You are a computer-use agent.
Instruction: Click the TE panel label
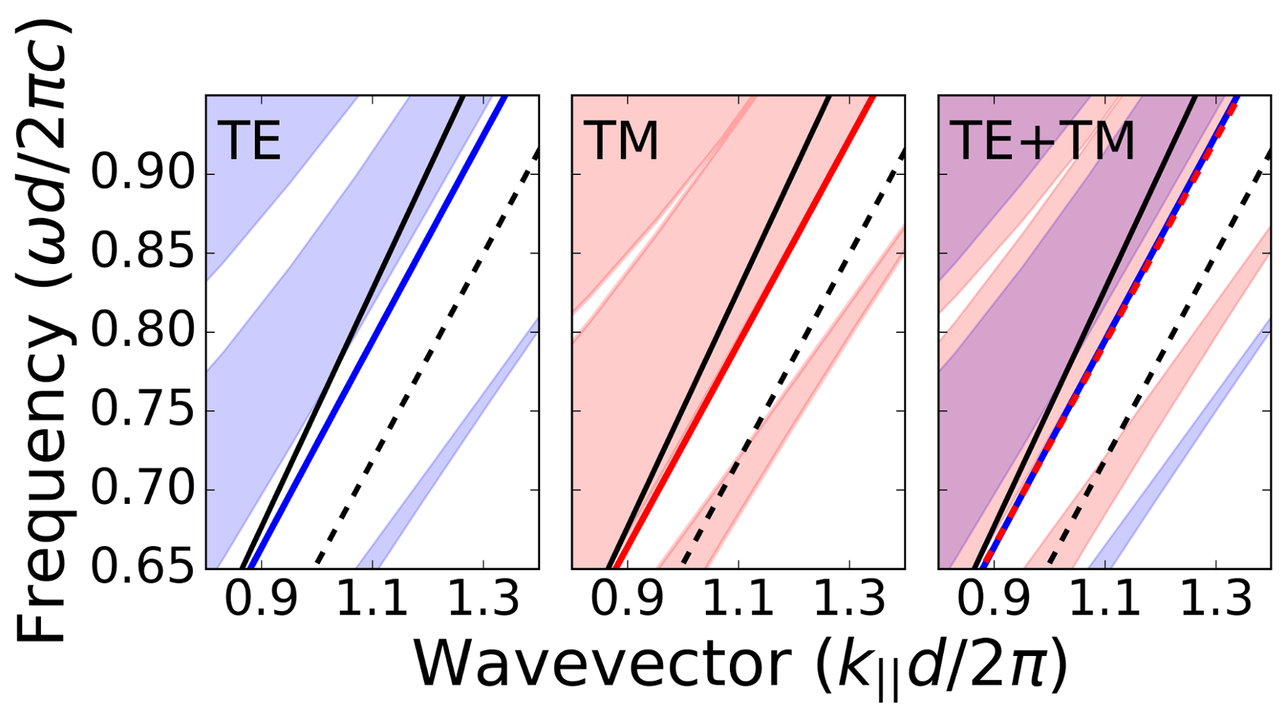point(249,141)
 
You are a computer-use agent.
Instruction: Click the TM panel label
point(621,141)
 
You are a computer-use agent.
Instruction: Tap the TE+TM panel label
point(1042,141)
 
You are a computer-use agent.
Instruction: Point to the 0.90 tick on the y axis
point(142,174)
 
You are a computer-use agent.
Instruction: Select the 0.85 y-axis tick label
point(142,253)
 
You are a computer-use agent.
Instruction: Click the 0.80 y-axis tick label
point(142,332)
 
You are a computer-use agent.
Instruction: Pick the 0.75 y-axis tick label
point(142,411)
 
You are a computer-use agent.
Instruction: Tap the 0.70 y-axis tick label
point(142,490)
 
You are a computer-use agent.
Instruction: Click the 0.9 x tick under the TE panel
point(261,598)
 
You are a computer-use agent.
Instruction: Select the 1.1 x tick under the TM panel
point(738,598)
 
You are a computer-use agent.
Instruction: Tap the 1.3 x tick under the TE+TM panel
point(1215,598)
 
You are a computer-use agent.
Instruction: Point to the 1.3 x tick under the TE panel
point(483,598)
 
